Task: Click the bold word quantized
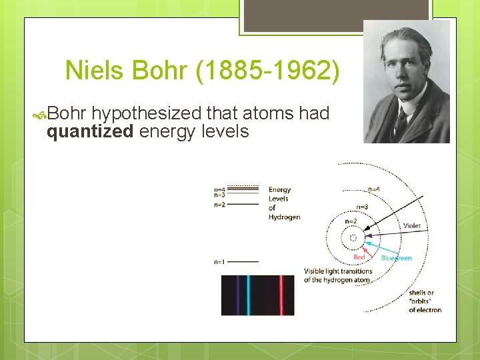[x=90, y=131]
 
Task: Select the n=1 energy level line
[x=243, y=261]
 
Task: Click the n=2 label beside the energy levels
[x=219, y=205]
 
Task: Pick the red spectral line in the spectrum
[x=281, y=295]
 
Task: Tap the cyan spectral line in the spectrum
[x=248, y=295]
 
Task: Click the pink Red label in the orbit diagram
[x=359, y=257]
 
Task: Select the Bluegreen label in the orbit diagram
[x=396, y=258]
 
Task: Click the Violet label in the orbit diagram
[x=412, y=226]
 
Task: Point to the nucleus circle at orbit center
[x=353, y=237]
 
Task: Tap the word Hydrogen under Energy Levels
[x=284, y=217]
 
